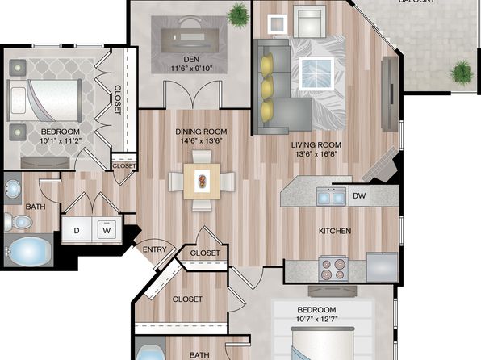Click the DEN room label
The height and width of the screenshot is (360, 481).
tap(191, 59)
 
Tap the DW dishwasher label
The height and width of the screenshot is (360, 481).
tap(359, 195)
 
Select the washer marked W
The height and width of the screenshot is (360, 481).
tap(107, 230)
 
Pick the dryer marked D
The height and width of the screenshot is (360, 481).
tap(77, 230)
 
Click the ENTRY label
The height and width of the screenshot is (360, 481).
tap(155, 249)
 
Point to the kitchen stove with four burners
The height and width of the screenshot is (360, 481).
tap(333, 268)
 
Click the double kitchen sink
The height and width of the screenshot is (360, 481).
tap(331, 197)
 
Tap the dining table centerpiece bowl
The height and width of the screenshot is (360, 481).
tap(202, 181)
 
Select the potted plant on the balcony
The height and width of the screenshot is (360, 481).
tap(461, 73)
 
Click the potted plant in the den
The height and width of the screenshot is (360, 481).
tap(238, 15)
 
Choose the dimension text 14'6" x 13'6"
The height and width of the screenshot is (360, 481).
tap(201, 141)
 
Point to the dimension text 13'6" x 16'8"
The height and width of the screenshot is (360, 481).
tap(316, 153)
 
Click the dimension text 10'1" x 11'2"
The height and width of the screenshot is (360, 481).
tap(61, 141)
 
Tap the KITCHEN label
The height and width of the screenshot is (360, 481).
tap(335, 231)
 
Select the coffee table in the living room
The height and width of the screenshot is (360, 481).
tap(316, 73)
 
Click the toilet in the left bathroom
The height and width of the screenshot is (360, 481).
tap(19, 222)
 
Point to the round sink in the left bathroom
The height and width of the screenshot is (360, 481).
tap(13, 187)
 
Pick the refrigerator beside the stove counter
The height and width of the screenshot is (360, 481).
tap(383, 267)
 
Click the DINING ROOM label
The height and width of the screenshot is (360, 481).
tap(201, 132)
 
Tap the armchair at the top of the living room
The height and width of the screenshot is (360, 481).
tap(309, 22)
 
